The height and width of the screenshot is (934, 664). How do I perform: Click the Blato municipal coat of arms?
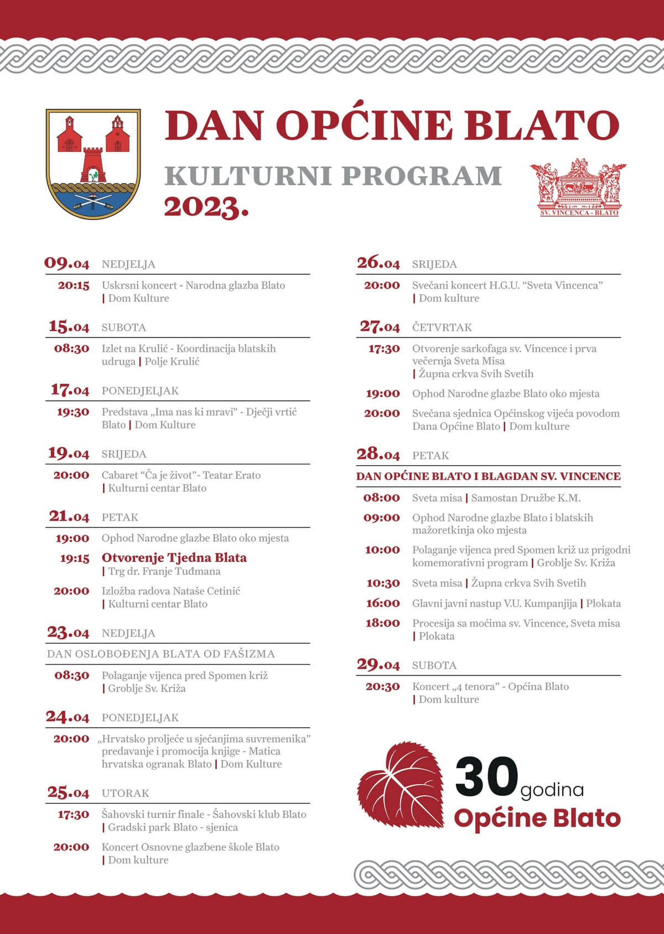point(93,164)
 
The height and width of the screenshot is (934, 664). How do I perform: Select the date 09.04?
point(67,263)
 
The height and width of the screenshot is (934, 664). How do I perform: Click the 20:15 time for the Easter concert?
point(74,285)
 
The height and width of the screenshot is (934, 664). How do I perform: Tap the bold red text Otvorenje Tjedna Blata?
point(174,557)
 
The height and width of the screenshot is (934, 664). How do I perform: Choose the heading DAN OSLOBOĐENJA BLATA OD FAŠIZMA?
point(161,654)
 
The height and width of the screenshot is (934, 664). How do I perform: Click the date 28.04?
point(378,455)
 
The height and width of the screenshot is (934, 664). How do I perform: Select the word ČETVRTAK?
point(442,327)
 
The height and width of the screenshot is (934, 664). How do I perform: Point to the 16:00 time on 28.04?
point(382,603)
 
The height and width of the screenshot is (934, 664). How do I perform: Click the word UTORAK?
point(126,793)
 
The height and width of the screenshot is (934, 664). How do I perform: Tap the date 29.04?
point(378,665)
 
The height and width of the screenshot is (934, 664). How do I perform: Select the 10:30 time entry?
point(382,583)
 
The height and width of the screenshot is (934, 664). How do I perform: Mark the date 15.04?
point(69,327)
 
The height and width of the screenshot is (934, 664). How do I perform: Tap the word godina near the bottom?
point(552,790)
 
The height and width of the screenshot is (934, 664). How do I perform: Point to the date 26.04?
point(378,263)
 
